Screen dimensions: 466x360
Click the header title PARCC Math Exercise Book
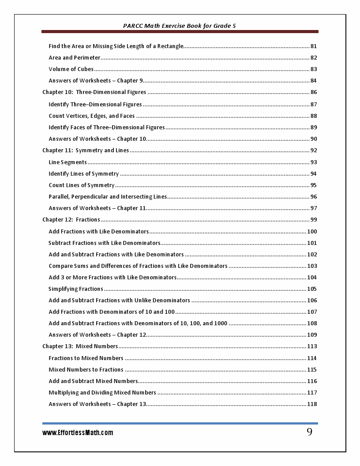pos(180,26)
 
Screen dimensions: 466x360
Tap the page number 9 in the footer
pos(309,432)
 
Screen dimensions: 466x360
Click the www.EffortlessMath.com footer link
pos(78,433)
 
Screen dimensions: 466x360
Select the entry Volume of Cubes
pos(71,69)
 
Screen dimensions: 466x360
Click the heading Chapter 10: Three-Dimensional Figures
pos(94,92)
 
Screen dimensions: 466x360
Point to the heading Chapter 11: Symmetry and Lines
pos(86,150)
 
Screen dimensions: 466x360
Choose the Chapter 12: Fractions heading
pos(71,220)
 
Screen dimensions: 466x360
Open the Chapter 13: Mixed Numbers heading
pos(80,346)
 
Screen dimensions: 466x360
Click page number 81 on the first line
pos(314,46)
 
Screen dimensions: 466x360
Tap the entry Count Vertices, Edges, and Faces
pos(92,116)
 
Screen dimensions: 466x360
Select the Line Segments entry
pos(67,162)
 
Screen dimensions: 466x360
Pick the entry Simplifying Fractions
pos(75,289)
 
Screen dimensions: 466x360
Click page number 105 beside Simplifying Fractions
pos(312,289)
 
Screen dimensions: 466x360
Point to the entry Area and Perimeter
pos(75,58)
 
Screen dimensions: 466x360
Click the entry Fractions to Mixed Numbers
pos(86,358)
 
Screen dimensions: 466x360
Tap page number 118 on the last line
pos(312,404)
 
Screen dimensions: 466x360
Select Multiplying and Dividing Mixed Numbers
pos(102,393)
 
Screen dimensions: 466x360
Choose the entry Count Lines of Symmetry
pos(82,185)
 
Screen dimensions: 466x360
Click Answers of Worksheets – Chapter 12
pos(97,335)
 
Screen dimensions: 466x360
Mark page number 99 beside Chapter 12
pos(314,220)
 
